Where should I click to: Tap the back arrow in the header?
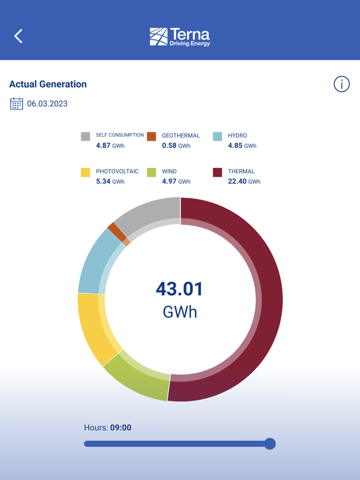point(19,36)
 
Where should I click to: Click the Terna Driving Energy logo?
point(180,37)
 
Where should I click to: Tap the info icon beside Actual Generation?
point(341,84)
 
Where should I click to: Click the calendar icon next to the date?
point(16,104)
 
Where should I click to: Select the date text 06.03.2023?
point(47,104)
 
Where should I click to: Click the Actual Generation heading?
point(48,84)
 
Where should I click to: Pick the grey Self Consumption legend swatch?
point(85,136)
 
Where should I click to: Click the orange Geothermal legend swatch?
point(151,136)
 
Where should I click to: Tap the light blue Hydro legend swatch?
point(218,136)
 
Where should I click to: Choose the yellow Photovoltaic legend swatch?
point(85,172)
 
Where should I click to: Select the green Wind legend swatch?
point(151,172)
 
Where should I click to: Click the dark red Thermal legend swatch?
point(218,172)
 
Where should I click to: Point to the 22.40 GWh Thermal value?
point(244,181)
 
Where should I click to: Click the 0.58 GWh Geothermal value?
point(176,145)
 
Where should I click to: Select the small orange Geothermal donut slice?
point(116,232)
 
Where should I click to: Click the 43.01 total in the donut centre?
point(179,289)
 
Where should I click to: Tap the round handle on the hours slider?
point(269,444)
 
